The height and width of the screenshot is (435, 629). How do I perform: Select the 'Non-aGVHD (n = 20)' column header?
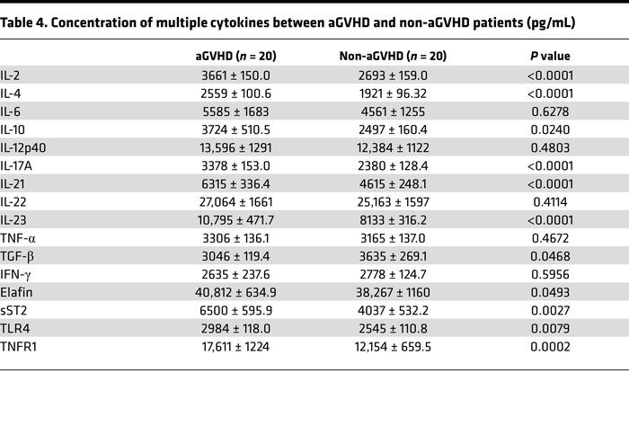[x=392, y=56]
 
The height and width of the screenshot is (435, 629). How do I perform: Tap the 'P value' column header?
[x=550, y=56]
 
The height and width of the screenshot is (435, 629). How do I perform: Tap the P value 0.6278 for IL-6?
[x=550, y=111]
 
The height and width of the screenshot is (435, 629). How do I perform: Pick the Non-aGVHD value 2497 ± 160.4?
[x=392, y=129]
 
